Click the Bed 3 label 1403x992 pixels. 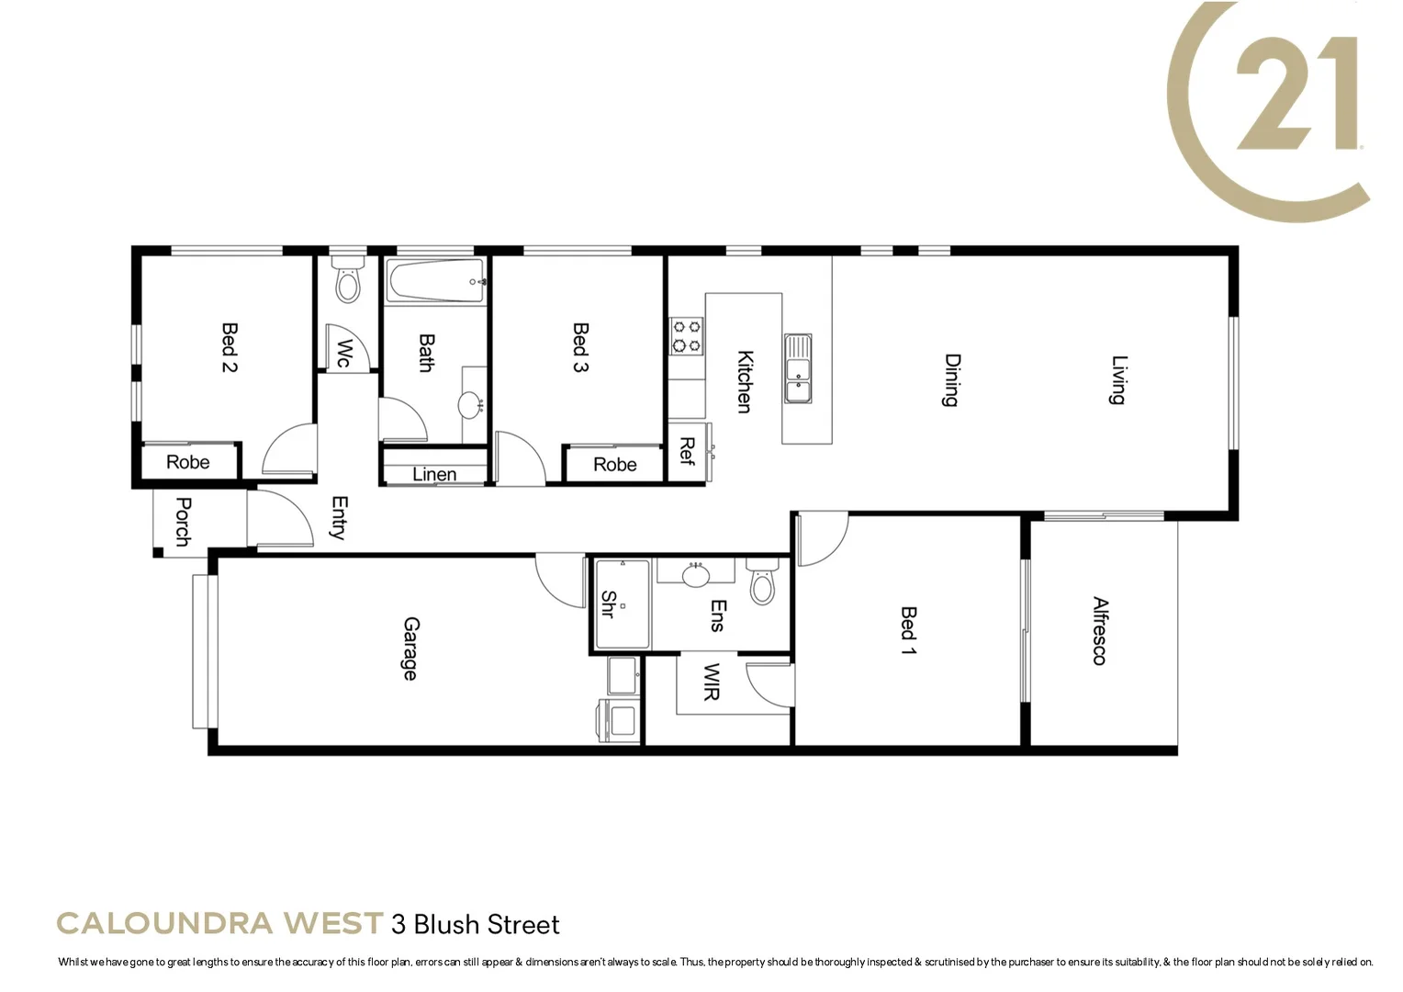coord(580,346)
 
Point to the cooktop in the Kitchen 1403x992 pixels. coord(686,335)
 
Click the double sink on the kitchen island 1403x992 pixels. coord(798,368)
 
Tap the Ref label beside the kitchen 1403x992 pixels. coord(686,451)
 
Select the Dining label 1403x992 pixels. coord(952,379)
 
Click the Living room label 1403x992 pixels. coord(1118,379)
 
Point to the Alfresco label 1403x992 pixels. coord(1099,631)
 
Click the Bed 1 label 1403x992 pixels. coord(908,630)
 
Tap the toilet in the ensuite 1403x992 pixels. coord(762,581)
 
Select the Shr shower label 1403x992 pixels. coord(607,603)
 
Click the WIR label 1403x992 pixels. coord(711,682)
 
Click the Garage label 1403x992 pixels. coord(410,648)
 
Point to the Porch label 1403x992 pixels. coord(183,522)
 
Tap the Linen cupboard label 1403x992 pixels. coord(434,474)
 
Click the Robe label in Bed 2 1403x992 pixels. coord(187,462)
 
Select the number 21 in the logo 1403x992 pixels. coord(1296,95)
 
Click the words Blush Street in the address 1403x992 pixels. coord(487,924)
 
